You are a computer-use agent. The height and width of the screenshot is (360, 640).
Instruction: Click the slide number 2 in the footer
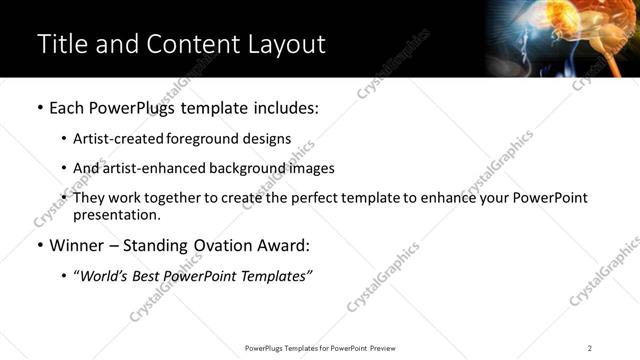pyautogui.click(x=590, y=348)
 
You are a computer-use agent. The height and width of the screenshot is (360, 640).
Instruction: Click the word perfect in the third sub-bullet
pyautogui.click(x=309, y=198)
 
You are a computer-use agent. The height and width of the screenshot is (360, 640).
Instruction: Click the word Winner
pyautogui.click(x=77, y=245)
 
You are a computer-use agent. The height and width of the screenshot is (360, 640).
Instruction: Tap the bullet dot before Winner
pyautogui.click(x=39, y=245)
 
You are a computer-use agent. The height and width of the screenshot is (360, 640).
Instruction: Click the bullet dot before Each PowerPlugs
pyautogui.click(x=39, y=107)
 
